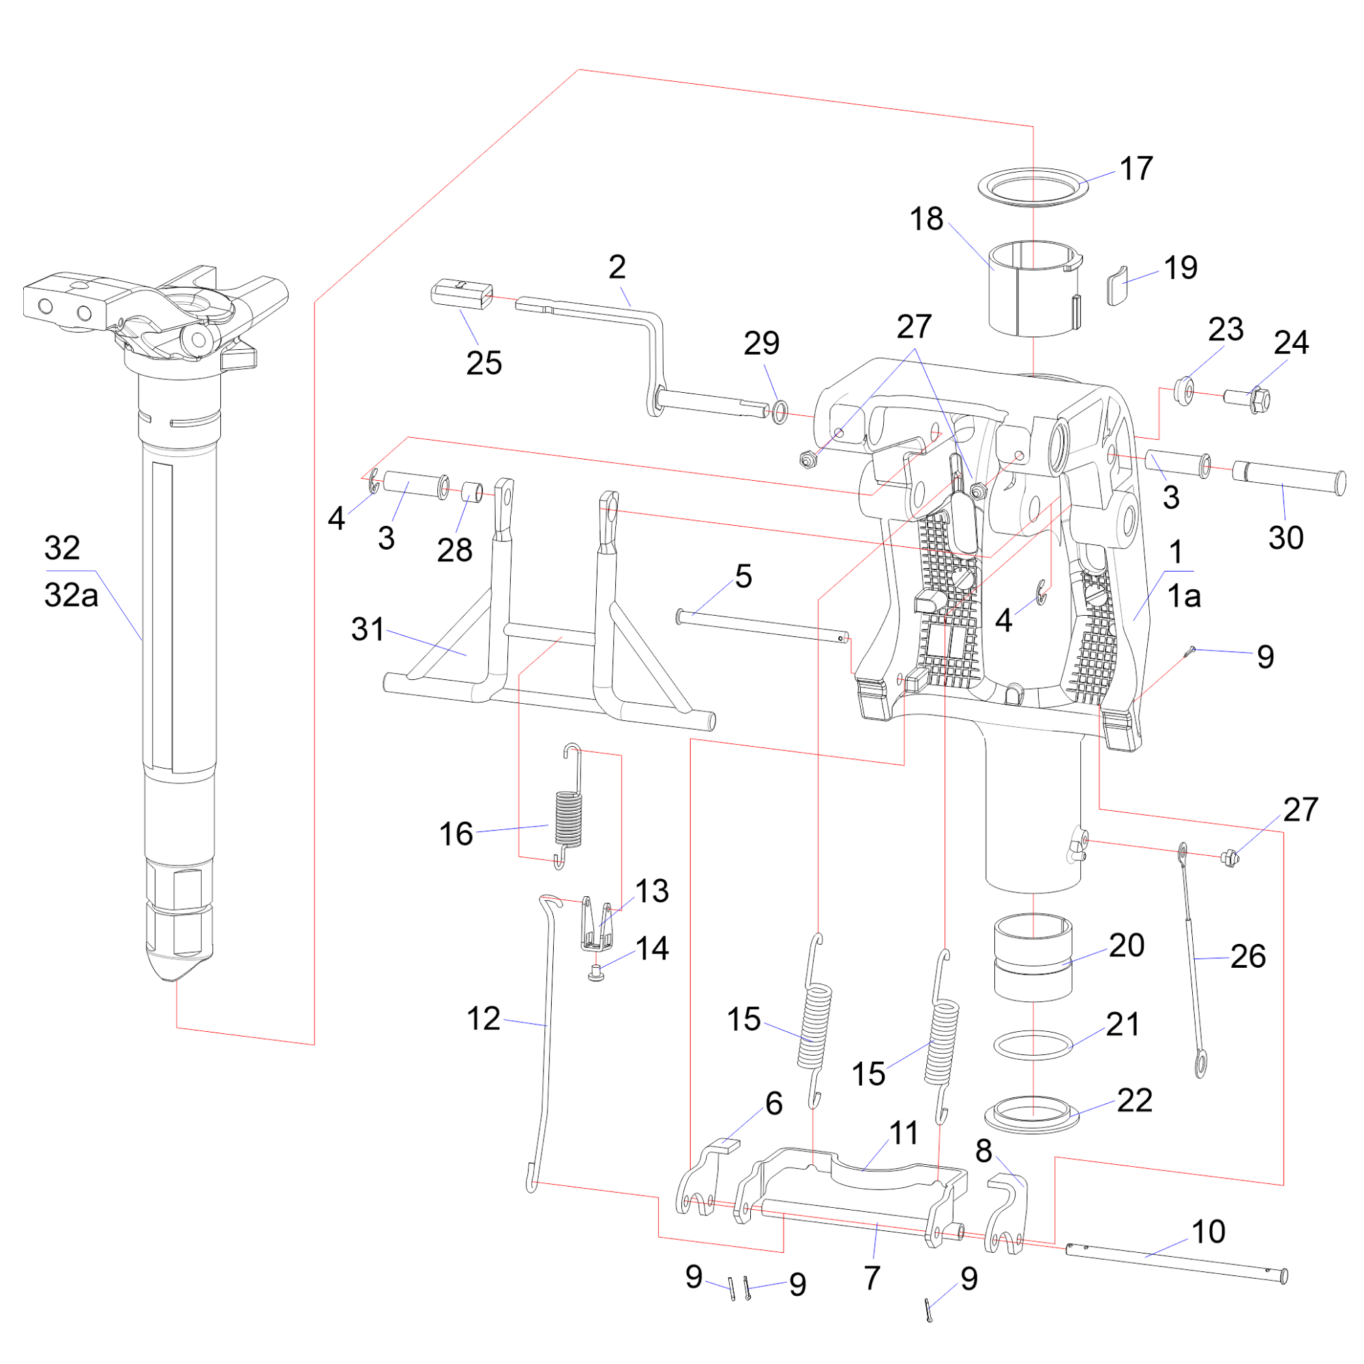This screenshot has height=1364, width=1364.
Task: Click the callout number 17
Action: click(x=1136, y=168)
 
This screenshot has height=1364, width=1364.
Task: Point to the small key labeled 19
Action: click(x=1117, y=285)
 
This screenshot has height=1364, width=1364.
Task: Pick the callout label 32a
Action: click(x=71, y=595)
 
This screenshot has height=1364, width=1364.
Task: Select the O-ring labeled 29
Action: click(x=779, y=412)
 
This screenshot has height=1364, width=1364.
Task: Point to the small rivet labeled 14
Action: click(x=597, y=975)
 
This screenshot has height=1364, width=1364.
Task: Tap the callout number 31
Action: click(x=368, y=629)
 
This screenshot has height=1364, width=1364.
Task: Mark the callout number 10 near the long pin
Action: click(x=1208, y=1232)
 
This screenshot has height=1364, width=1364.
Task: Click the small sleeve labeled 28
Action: click(x=473, y=491)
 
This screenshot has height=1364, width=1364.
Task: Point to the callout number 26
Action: click(x=1247, y=957)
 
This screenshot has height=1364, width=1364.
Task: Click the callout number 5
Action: click(x=743, y=577)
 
